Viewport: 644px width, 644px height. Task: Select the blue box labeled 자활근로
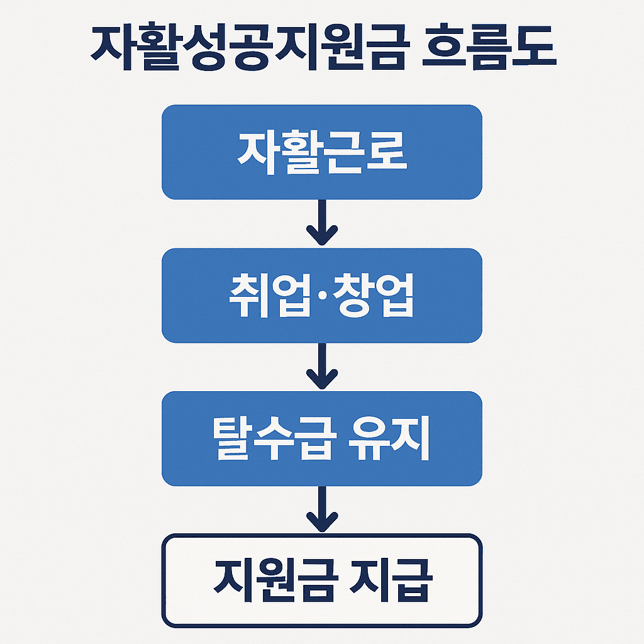coord(322,152)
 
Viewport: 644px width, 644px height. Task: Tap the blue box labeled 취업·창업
coord(322,296)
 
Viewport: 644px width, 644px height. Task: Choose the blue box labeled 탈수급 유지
coord(322,438)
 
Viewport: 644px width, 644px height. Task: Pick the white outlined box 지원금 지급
coord(322,580)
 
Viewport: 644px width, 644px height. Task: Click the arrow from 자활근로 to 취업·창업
coord(322,224)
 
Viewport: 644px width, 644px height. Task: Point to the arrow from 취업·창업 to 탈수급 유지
coord(322,367)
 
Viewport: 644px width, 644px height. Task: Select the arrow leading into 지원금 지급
coord(322,509)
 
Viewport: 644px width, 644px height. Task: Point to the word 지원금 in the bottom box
coord(274,580)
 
